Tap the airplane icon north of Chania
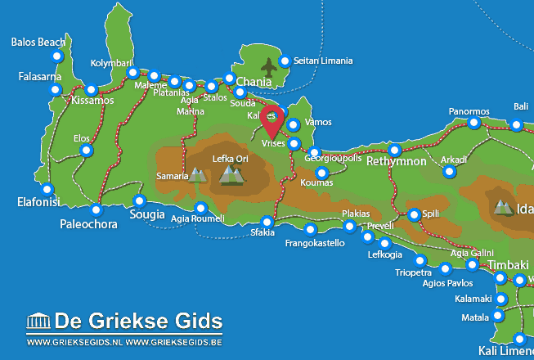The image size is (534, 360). click(268, 65)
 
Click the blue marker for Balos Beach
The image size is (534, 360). click(56, 56)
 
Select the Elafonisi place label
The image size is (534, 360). click(38, 200)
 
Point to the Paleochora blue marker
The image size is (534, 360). click(96, 209)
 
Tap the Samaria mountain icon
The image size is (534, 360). click(197, 174)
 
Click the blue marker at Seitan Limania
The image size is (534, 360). click(285, 61)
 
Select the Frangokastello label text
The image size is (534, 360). click(314, 243)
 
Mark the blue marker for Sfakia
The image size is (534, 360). click(267, 222)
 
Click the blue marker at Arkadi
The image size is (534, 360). click(449, 172)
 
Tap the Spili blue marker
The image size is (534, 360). click(414, 214)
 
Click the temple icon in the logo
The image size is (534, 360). click(38, 320)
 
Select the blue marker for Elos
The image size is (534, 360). click(88, 151)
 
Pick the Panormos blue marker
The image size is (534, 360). click(473, 123)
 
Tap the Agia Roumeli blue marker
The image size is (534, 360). click(200, 207)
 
